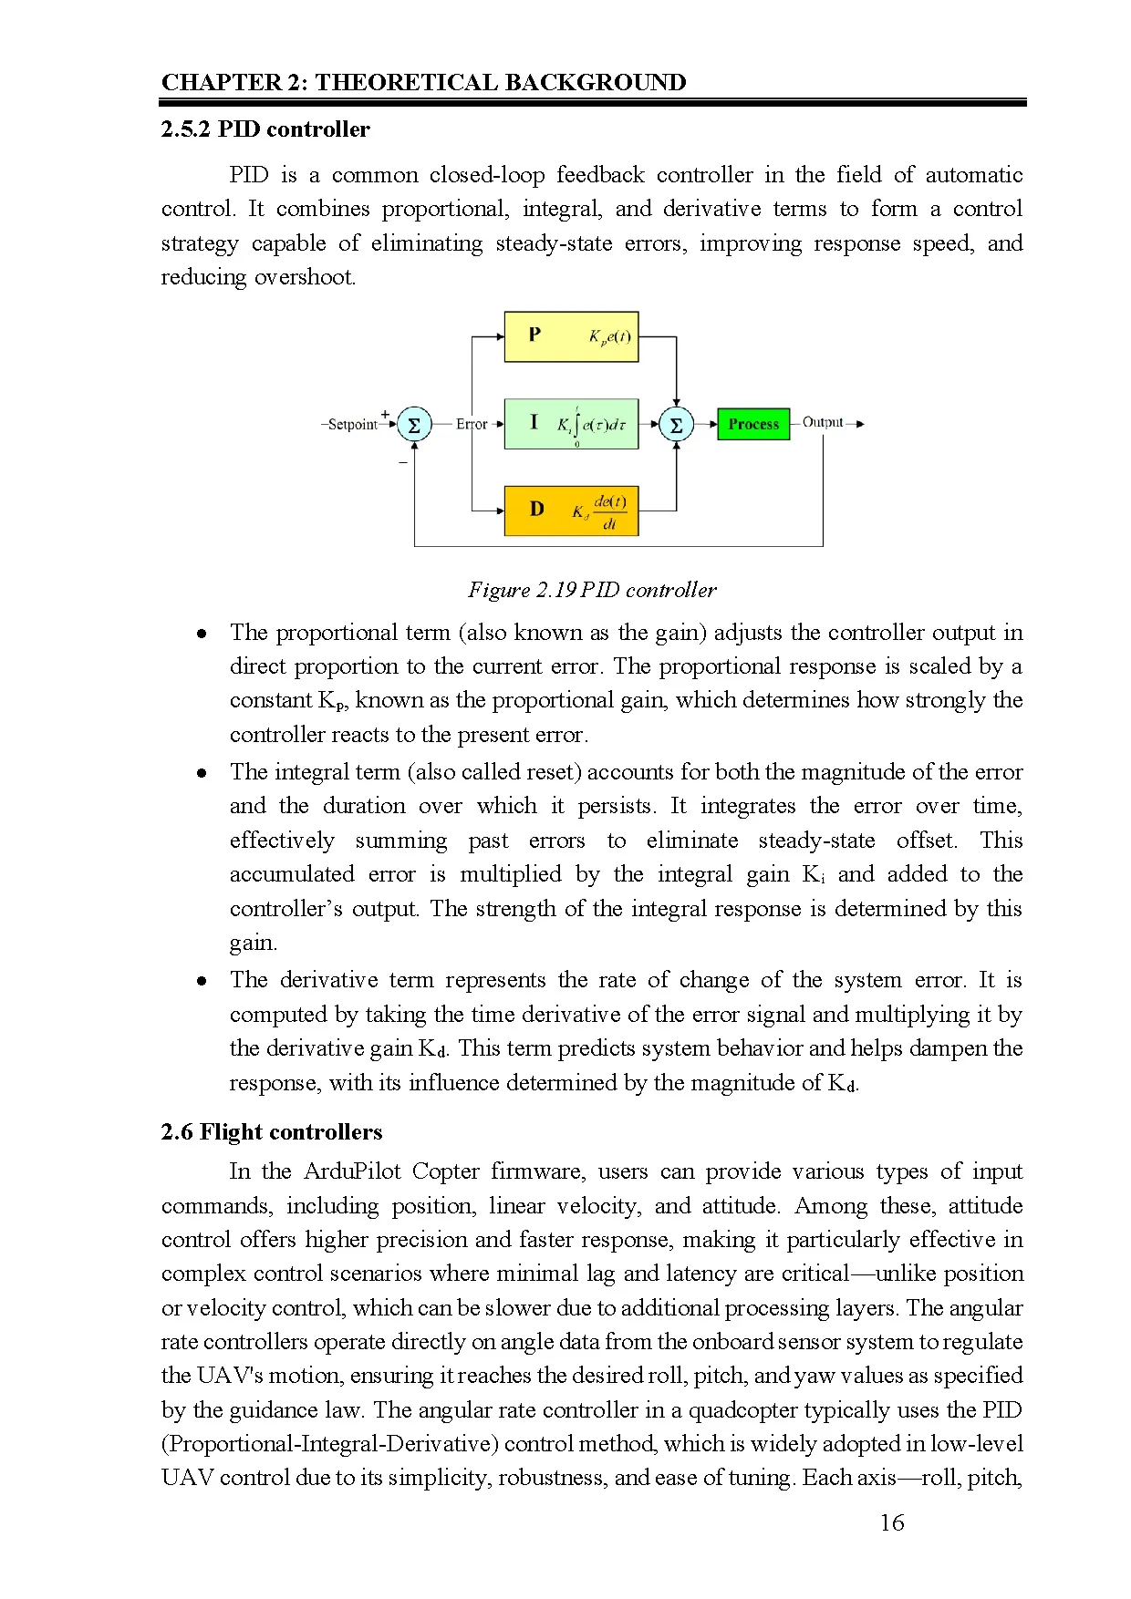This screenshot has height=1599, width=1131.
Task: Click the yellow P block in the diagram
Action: [x=571, y=336]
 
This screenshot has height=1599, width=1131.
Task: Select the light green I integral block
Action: [x=571, y=424]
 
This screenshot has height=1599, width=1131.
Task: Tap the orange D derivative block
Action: [x=571, y=511]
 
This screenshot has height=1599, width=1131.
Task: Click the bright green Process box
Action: [x=753, y=424]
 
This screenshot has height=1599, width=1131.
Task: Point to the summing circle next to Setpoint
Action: [x=414, y=425]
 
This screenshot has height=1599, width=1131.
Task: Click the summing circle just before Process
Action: [x=676, y=425]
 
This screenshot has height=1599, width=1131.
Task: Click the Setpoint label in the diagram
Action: [x=352, y=425]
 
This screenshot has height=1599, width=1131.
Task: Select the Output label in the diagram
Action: [x=823, y=422]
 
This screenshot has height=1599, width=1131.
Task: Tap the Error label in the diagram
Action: [x=472, y=424]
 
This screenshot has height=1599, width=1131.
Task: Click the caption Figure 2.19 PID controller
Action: [x=592, y=590]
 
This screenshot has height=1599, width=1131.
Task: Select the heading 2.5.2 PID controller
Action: [x=265, y=129]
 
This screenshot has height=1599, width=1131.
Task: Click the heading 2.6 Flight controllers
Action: [x=272, y=1132]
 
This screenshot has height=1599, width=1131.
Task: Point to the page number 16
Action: [x=891, y=1522]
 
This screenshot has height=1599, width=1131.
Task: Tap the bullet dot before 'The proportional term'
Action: [x=202, y=634]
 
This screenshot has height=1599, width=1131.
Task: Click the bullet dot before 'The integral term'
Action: [x=202, y=773]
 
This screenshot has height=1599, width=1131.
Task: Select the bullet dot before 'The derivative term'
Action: [x=202, y=981]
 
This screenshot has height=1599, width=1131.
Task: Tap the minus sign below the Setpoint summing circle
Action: [x=403, y=463]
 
